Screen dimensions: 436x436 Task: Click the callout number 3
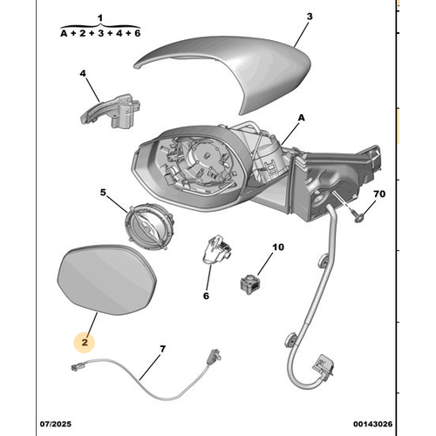click(309, 16)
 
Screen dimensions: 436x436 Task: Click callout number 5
click(102, 193)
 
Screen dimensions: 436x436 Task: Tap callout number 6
click(206, 296)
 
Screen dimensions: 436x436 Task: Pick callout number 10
click(278, 248)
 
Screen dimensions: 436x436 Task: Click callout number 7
click(162, 350)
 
